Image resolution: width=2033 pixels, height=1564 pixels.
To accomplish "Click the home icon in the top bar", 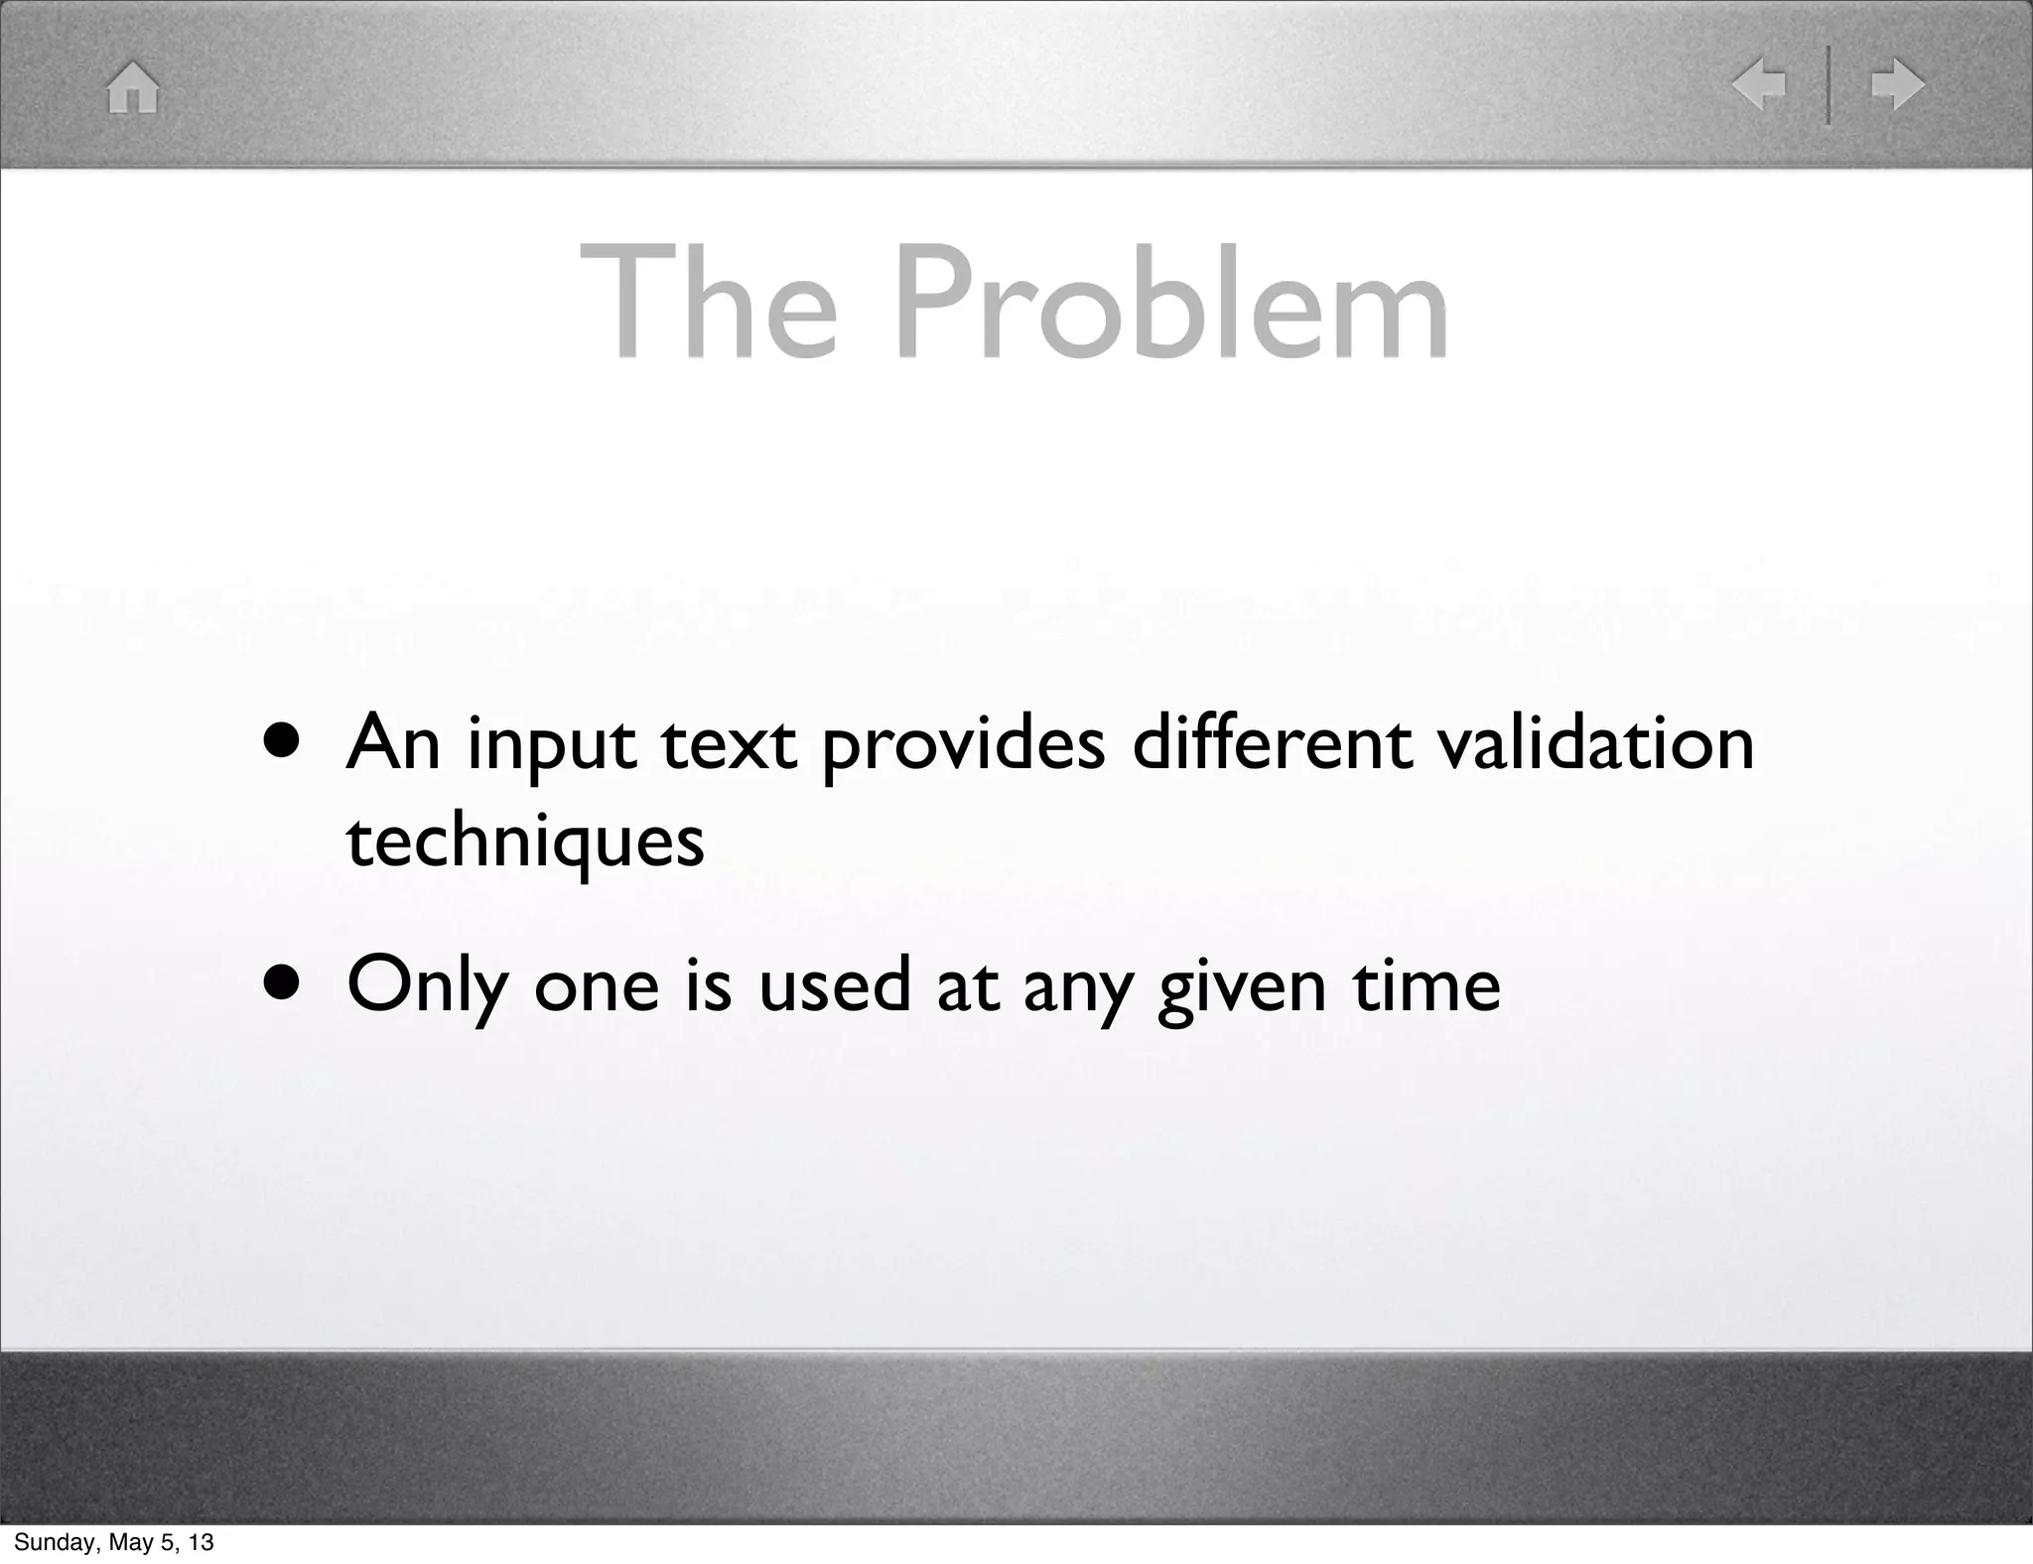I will pos(133,87).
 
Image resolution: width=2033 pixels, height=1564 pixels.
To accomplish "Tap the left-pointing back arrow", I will pos(1758,85).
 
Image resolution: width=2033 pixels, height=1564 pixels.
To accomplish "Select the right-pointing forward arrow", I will pos(1897,85).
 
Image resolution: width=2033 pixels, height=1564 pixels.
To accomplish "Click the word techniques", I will pos(525,842).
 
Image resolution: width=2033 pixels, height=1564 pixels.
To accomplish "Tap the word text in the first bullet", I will pos(729,744).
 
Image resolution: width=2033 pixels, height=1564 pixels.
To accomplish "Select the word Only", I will pos(427,986).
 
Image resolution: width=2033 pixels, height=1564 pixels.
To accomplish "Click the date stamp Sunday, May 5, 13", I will pos(114,1542).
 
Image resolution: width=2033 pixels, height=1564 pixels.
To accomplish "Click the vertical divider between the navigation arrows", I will pos(1829,85).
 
